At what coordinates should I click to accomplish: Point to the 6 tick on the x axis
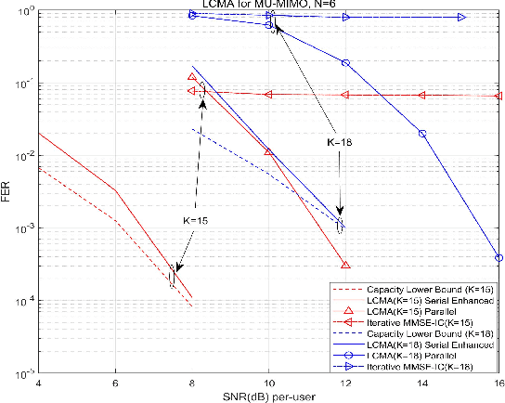click(x=114, y=383)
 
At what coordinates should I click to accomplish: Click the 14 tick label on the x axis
click(x=422, y=383)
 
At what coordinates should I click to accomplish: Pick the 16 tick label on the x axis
click(x=499, y=383)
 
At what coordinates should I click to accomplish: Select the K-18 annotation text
click(x=344, y=144)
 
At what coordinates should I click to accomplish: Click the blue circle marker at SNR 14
click(x=422, y=134)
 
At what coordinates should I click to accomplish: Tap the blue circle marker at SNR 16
click(x=499, y=258)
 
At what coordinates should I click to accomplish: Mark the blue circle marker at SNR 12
click(x=345, y=62)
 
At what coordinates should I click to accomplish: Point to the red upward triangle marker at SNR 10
click(x=268, y=151)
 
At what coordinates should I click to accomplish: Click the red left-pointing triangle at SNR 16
click(x=499, y=96)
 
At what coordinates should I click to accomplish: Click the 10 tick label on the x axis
click(x=268, y=383)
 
